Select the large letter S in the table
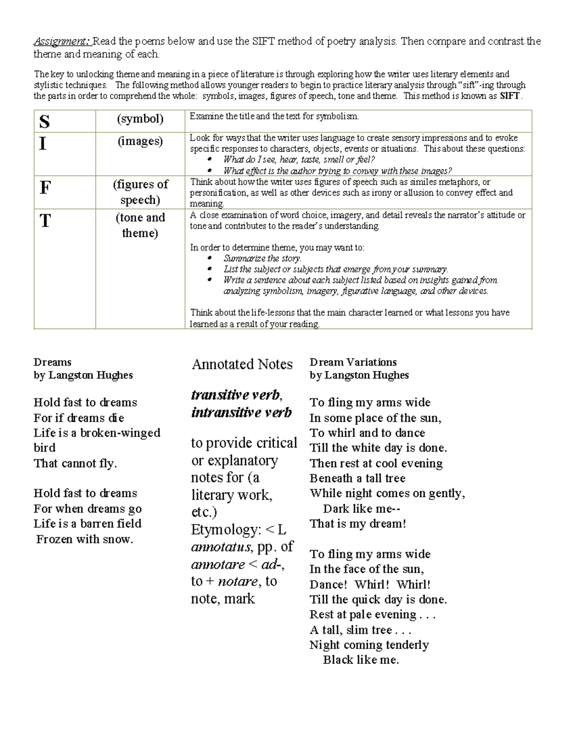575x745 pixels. point(45,122)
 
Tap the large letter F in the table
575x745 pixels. point(45,188)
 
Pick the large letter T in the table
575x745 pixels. point(45,221)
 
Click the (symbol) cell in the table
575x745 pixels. point(140,119)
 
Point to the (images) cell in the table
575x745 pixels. point(140,141)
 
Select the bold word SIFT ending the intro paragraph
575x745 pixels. point(509,96)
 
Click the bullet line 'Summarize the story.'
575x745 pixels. point(262,258)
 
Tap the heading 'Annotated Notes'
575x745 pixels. point(242,364)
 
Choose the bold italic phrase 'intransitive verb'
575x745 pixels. point(241,413)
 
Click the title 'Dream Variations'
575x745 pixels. point(353,362)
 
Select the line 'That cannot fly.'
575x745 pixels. point(75,463)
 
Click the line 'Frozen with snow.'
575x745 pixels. point(85,539)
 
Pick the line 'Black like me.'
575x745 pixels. point(361,660)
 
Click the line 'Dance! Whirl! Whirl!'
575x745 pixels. point(370,584)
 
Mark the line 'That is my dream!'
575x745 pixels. point(357,524)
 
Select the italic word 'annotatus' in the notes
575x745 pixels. point(221,547)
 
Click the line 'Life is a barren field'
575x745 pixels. point(87,524)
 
